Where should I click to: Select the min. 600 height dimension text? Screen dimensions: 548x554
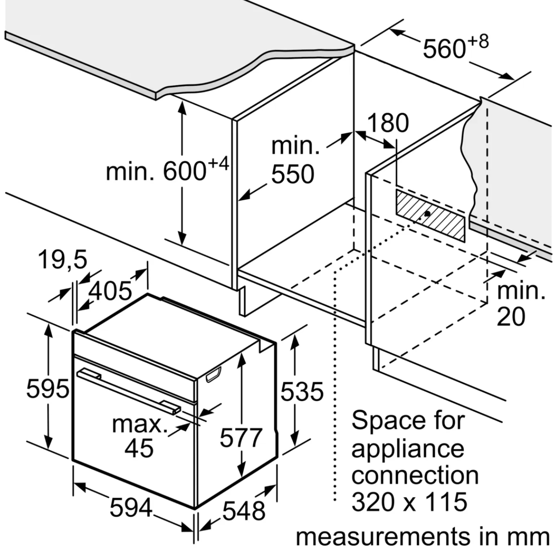click(x=167, y=171)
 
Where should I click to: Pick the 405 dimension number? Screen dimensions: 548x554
click(x=110, y=291)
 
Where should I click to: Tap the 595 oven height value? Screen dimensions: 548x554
click(x=48, y=388)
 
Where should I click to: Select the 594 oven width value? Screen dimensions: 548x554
click(x=131, y=508)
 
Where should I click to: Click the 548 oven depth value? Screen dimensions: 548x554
click(x=244, y=510)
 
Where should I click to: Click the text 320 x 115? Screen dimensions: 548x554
click(x=409, y=501)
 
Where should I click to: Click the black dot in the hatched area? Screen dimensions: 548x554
click(x=428, y=214)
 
